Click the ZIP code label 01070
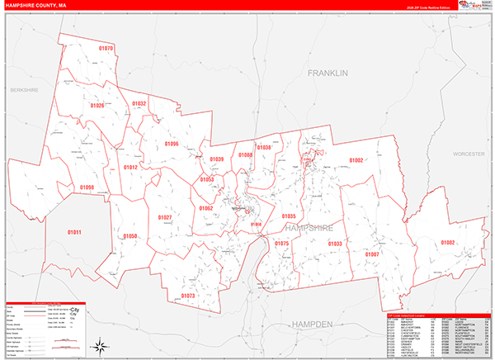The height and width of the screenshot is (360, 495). [x=106, y=49]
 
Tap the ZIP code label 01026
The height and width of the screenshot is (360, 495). [x=97, y=106]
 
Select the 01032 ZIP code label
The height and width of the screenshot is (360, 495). [x=139, y=103]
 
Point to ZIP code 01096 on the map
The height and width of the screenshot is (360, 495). [x=171, y=144]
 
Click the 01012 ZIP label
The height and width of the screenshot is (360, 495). [x=130, y=167]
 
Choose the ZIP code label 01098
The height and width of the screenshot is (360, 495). [x=87, y=187]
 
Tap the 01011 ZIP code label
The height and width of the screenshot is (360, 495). [x=74, y=232]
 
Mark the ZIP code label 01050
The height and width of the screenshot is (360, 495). [x=130, y=236]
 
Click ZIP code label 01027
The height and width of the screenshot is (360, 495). [x=165, y=217]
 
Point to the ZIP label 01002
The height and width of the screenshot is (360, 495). [x=356, y=160]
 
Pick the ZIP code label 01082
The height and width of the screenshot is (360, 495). [x=447, y=242]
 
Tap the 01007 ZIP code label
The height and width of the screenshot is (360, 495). [x=373, y=254]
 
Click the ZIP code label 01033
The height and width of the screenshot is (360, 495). [x=335, y=244]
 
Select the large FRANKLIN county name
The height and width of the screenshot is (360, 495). [x=328, y=73]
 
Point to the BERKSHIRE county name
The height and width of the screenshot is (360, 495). [x=24, y=89]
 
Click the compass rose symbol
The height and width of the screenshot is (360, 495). [x=98, y=345]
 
